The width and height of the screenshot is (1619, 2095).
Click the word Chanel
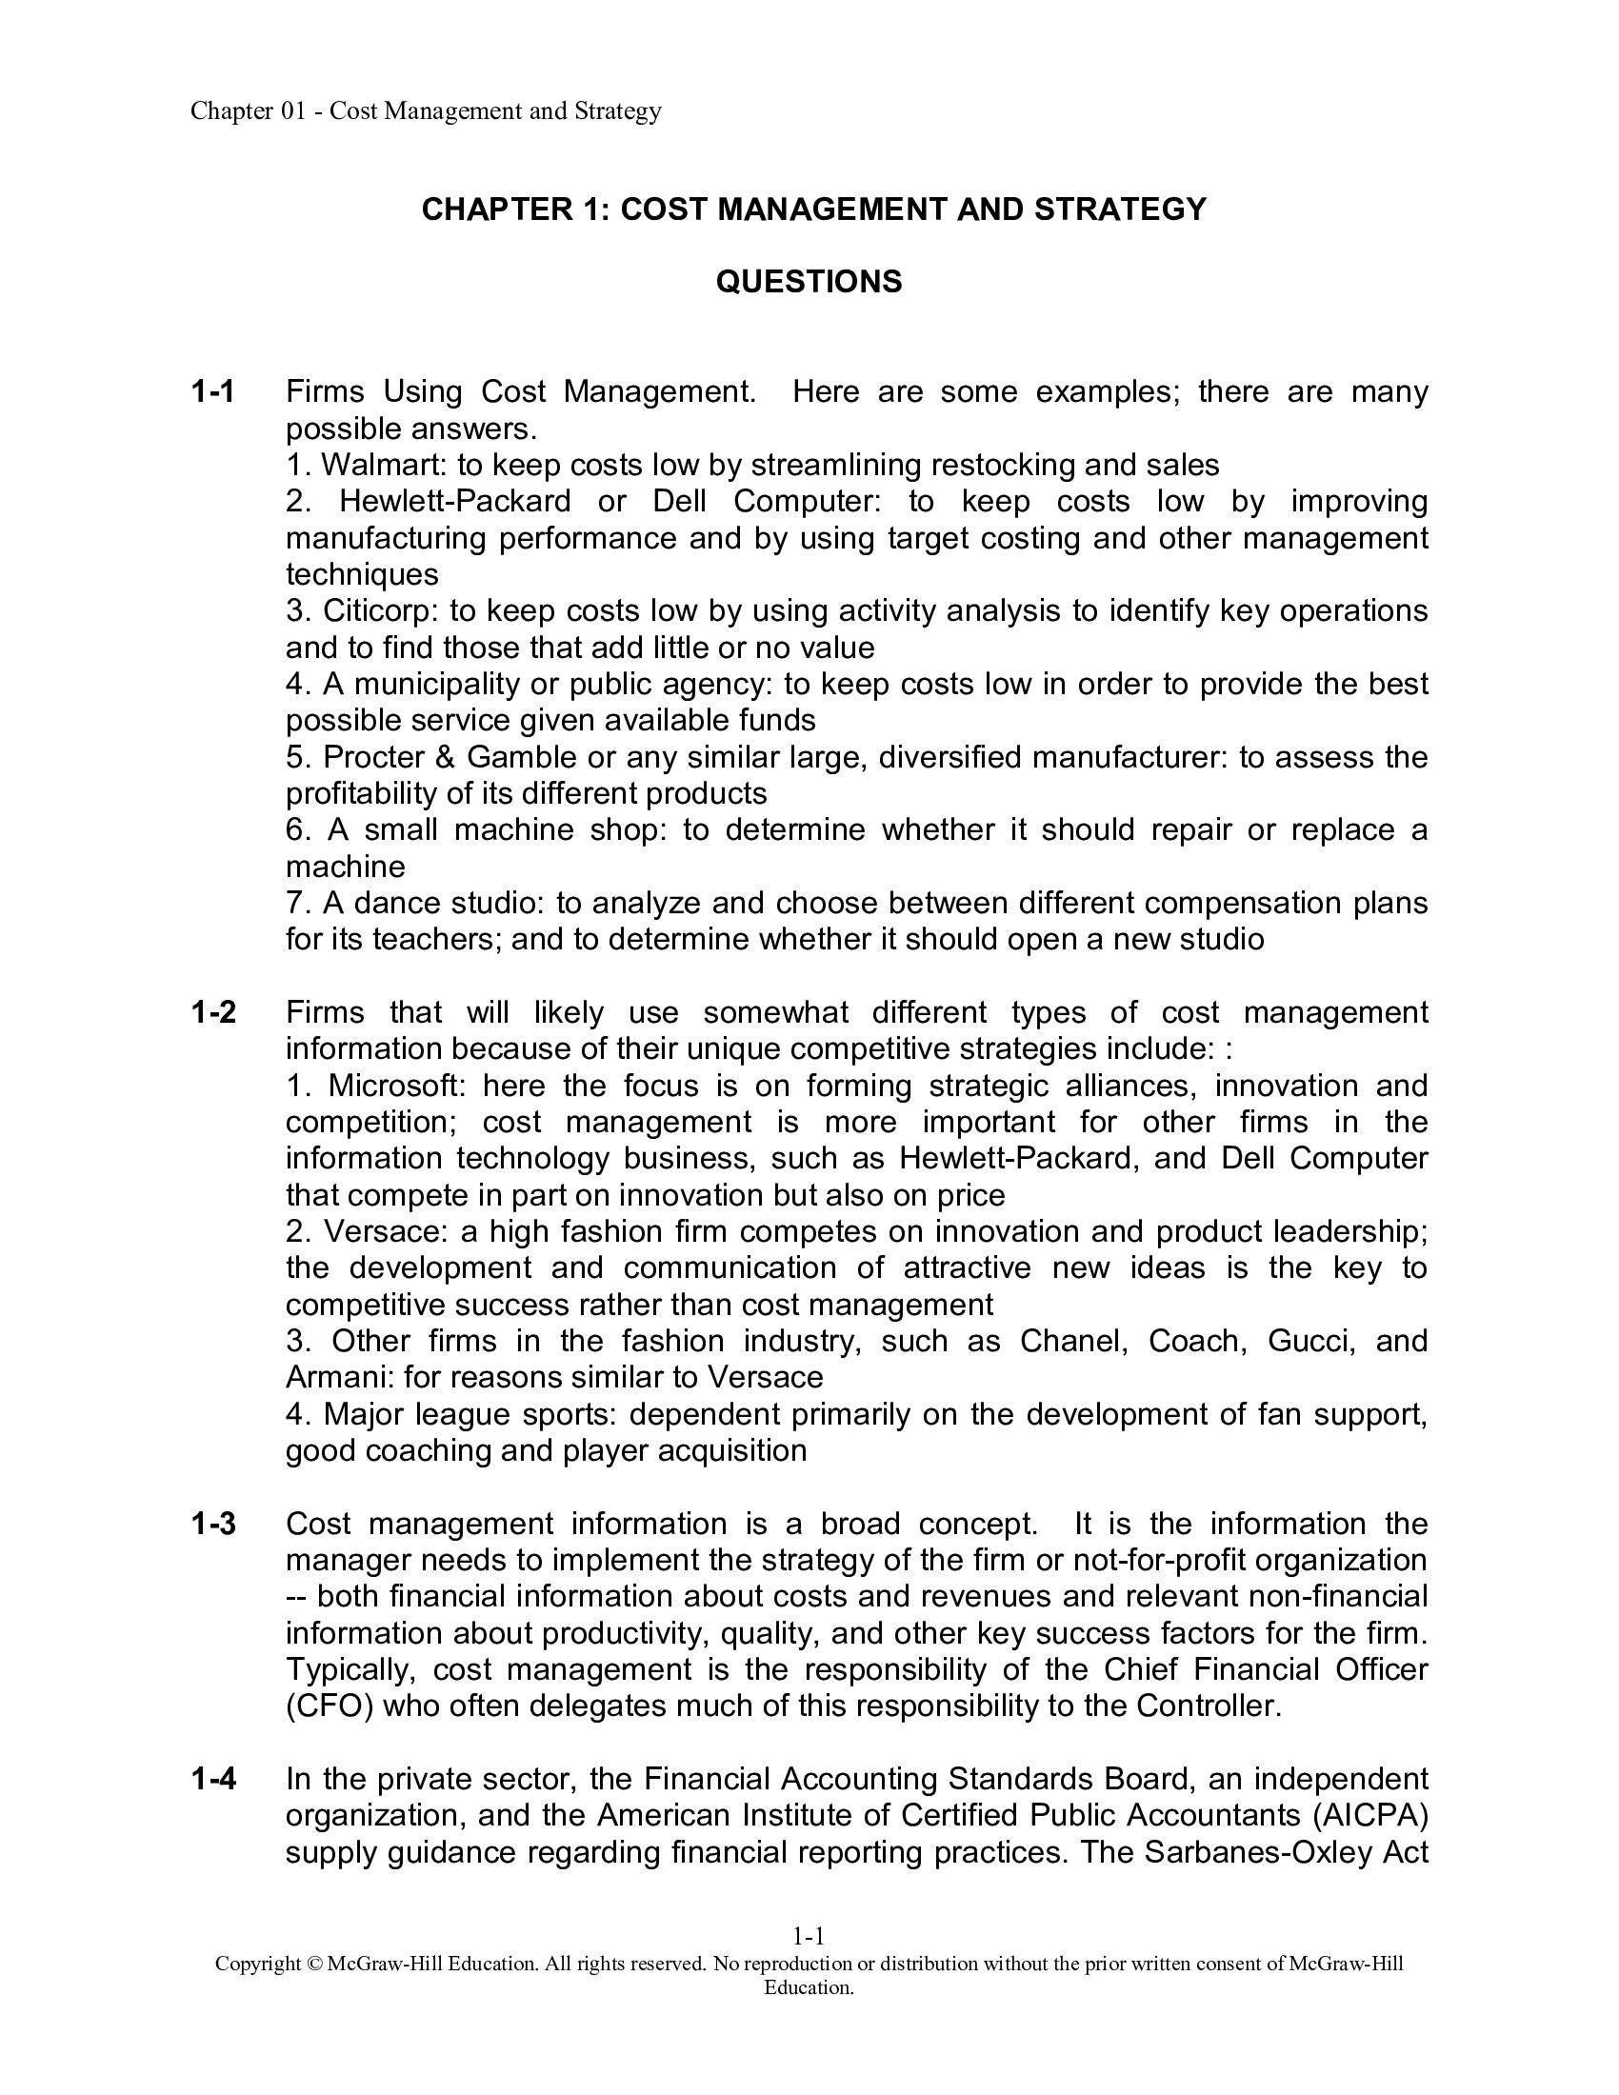click(1070, 1341)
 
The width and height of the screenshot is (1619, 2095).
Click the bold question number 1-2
click(213, 1013)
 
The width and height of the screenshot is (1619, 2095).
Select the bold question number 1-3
click(213, 1525)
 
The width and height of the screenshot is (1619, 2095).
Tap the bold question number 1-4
click(213, 1780)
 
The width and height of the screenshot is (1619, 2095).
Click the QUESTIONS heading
click(809, 282)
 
